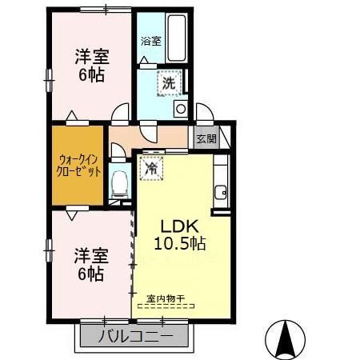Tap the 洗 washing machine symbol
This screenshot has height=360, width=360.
point(170,82)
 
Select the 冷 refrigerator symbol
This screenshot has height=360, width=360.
point(150,168)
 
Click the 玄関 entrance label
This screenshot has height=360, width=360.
point(206,138)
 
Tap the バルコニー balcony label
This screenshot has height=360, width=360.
point(134,336)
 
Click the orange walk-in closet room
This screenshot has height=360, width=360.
point(78,164)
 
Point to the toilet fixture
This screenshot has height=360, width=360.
point(120,183)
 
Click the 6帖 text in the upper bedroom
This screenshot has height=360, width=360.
point(91,76)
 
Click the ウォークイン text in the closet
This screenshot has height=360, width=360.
point(78,158)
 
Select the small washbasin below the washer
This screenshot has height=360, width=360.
point(181,108)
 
